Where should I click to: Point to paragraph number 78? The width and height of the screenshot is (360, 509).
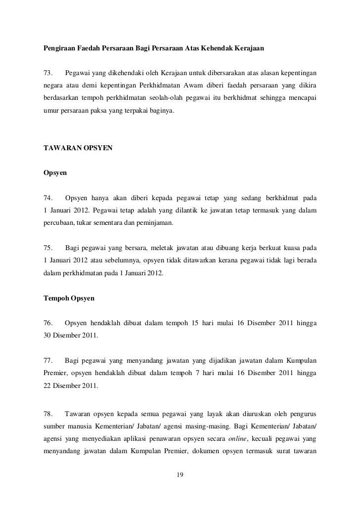[48, 412]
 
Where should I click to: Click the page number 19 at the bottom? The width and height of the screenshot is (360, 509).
[180, 475]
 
